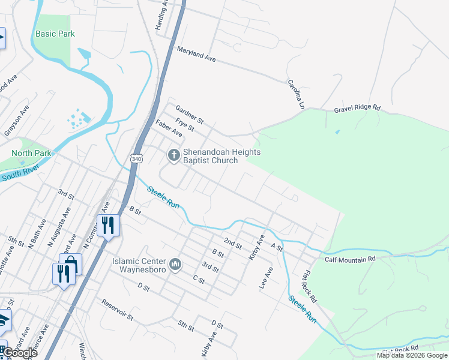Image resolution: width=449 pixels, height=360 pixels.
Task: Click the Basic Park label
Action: pyautogui.click(x=55, y=34)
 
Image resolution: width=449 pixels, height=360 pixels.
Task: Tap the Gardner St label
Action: pyautogui.click(x=190, y=112)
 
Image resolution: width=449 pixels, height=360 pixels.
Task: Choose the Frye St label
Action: pyautogui.click(x=185, y=124)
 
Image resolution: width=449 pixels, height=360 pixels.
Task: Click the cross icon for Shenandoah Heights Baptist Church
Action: pyautogui.click(x=173, y=156)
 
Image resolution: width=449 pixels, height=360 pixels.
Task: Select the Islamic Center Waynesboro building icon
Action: pyautogui.click(x=175, y=265)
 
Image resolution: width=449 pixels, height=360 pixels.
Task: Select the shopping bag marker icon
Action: pyautogui.click(x=70, y=263)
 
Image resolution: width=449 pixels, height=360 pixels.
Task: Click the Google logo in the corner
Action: pyautogui.click(x=20, y=353)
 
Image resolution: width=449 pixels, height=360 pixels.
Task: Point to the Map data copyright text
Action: pyautogui.click(x=412, y=355)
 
